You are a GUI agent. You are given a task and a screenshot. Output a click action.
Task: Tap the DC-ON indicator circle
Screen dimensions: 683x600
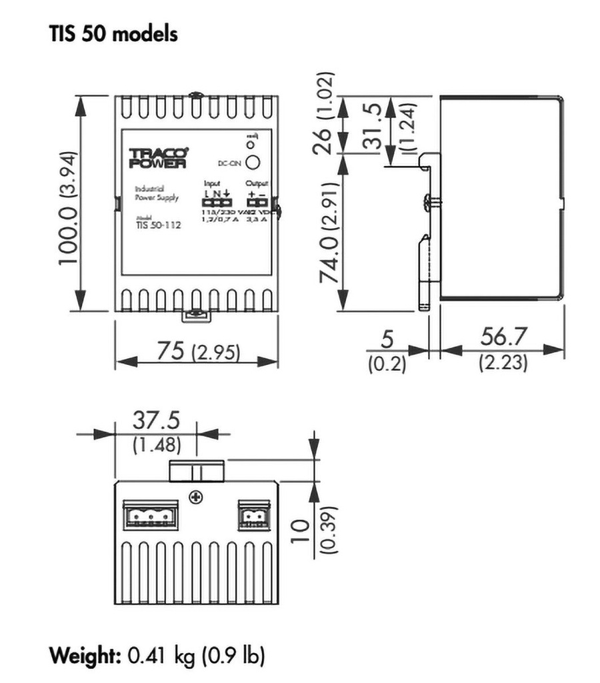coord(252,162)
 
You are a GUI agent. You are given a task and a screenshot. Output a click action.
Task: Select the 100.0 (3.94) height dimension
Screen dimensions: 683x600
coord(69,207)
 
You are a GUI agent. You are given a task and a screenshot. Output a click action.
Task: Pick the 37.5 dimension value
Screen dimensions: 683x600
coord(155,421)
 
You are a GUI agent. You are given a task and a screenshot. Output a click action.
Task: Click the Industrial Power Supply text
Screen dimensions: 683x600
coord(153,193)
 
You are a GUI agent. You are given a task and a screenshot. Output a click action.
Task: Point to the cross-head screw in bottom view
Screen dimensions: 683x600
coord(196,496)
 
